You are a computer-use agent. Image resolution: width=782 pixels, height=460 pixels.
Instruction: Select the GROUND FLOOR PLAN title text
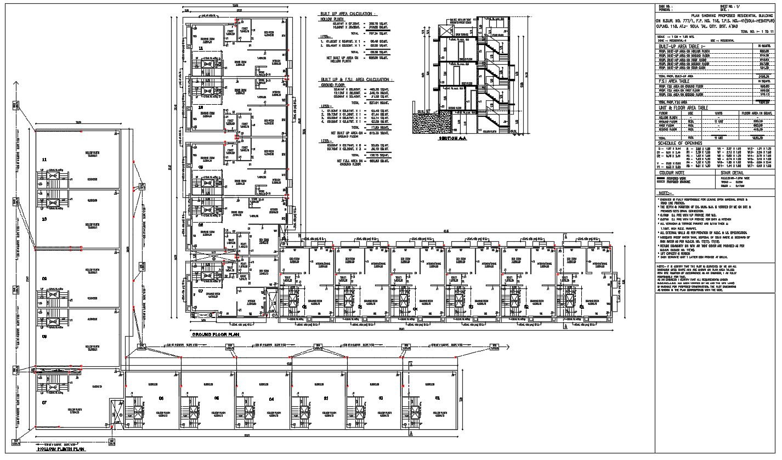pos(215,333)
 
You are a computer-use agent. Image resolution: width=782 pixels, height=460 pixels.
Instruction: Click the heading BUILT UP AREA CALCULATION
pos(348,13)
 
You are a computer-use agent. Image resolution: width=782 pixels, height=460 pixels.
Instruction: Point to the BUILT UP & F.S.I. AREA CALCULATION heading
pos(357,79)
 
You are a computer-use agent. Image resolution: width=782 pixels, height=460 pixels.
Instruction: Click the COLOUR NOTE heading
pos(672,172)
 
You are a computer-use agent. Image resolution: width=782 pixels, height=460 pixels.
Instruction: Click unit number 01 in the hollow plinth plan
pos(437,398)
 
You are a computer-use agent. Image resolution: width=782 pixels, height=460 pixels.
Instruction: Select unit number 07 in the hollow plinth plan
pos(44,402)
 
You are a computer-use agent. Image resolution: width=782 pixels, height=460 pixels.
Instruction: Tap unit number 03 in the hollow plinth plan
pos(326,398)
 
